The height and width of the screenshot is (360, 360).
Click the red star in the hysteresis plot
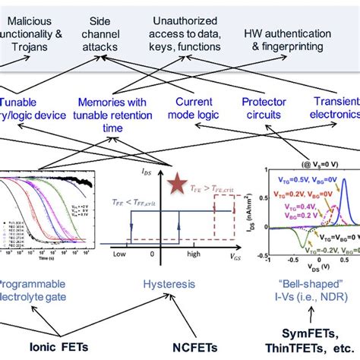[177, 181]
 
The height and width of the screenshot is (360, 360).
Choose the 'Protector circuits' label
[264, 107]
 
